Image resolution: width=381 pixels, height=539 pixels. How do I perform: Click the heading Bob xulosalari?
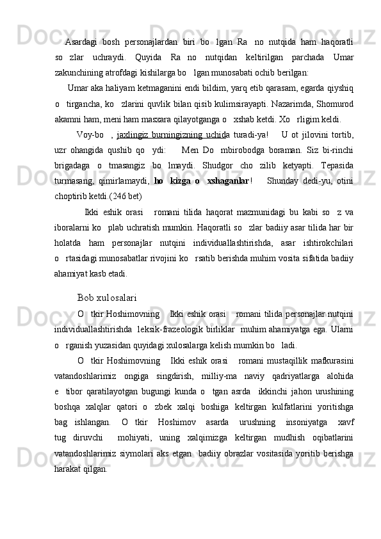[106, 279]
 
